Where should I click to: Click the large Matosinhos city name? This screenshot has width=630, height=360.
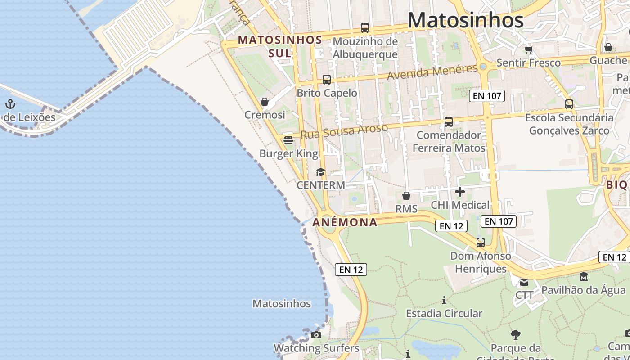tap(465, 20)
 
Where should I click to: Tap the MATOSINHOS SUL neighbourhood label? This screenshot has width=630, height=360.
tap(280, 46)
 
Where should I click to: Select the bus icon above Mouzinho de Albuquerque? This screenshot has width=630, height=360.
tap(365, 28)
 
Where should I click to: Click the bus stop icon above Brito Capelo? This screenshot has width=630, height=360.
tap(327, 80)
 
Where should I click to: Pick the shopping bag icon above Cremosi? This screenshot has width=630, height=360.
tap(265, 102)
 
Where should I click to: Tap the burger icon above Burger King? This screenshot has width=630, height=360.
tap(288, 140)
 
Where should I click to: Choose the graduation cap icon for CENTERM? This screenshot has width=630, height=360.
tap(320, 172)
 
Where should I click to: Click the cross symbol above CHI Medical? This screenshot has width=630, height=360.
tap(460, 192)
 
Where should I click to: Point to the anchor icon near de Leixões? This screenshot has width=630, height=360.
tap(10, 104)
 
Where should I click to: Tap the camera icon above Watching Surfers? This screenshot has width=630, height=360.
tap(316, 335)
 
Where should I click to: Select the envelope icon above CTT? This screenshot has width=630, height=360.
tap(524, 282)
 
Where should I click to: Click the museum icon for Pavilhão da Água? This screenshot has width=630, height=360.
tap(584, 276)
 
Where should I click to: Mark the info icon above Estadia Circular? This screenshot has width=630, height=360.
tap(444, 300)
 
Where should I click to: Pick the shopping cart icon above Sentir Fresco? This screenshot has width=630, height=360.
tap(528, 49)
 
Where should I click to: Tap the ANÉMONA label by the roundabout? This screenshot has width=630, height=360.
tap(345, 222)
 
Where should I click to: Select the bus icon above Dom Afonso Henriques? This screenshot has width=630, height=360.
tap(481, 243)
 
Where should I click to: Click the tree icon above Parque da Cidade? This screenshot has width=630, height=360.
tap(516, 335)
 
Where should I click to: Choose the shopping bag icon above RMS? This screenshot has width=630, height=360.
tap(406, 196)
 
